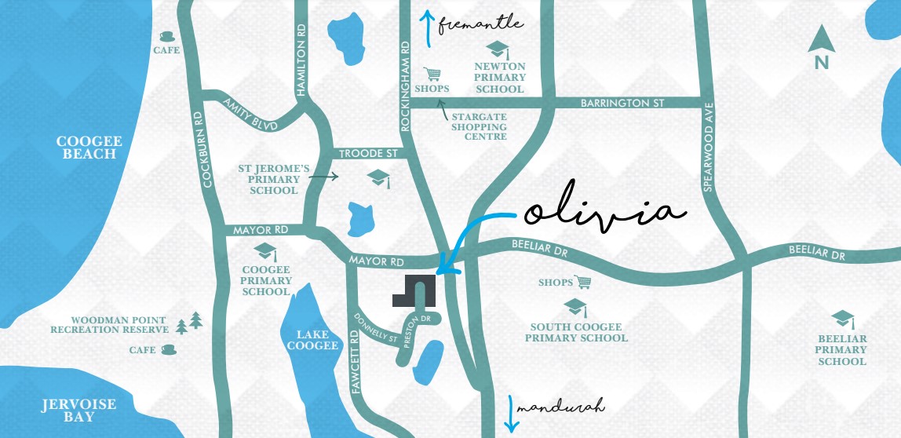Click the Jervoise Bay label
pyautogui.click(x=78, y=411)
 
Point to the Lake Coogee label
pyautogui.click(x=317, y=340)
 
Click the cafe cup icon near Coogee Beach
pyautogui.click(x=166, y=36)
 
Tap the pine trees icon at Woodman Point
pyautogui.click(x=189, y=322)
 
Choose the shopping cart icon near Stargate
pyautogui.click(x=432, y=74)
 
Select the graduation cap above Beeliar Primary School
pyautogui.click(x=842, y=319)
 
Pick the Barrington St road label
pyautogui.click(x=622, y=103)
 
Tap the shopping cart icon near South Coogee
pyautogui.click(x=582, y=282)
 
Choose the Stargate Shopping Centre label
pyautogui.click(x=479, y=126)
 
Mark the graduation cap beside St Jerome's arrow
pyautogui.click(x=378, y=177)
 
